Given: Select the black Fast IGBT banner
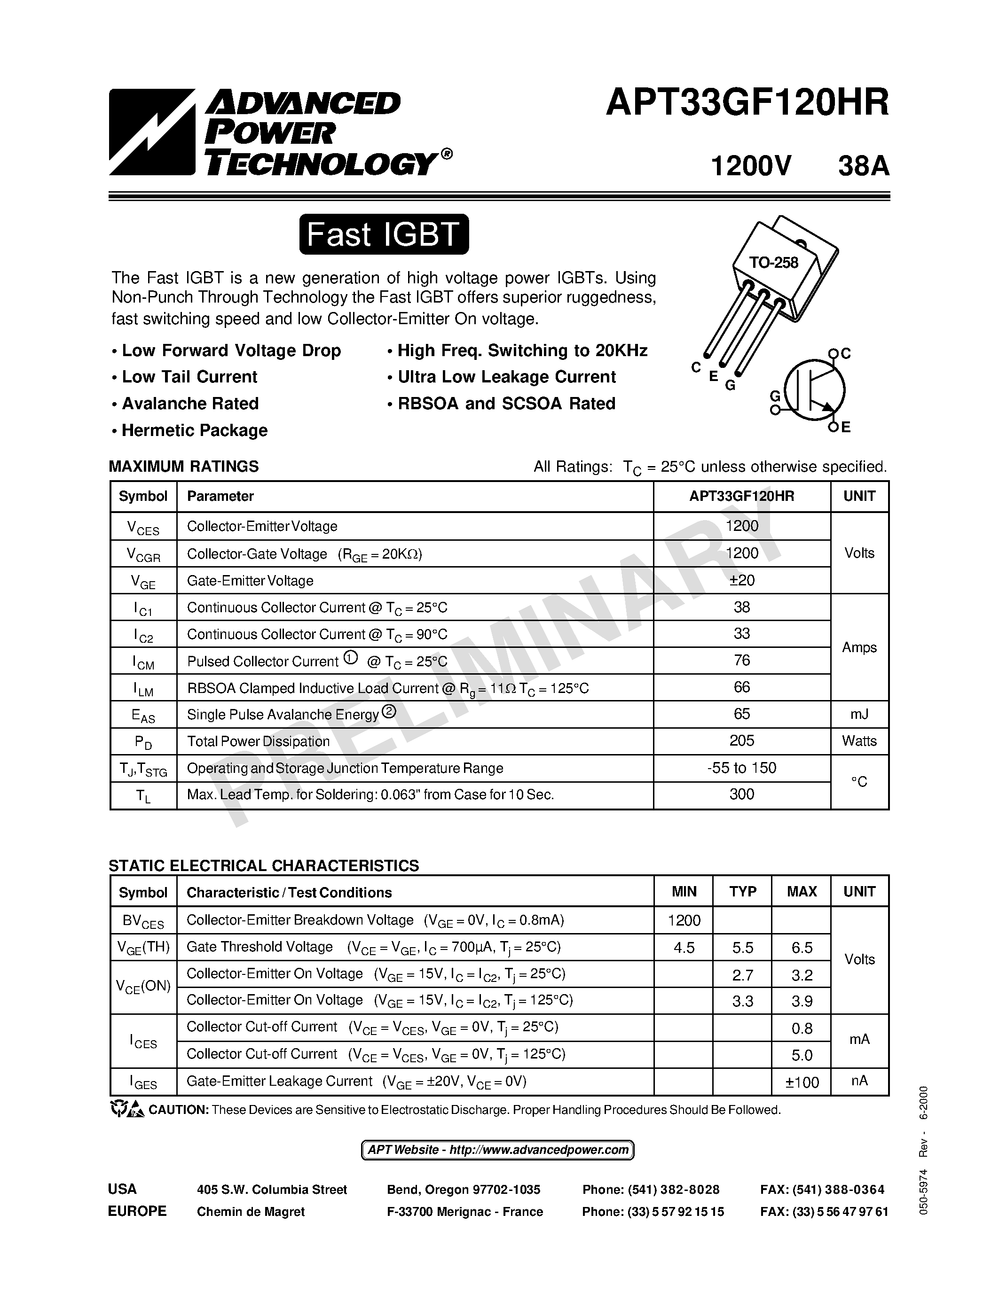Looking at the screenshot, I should tap(384, 234).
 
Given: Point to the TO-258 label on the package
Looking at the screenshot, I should tap(773, 263).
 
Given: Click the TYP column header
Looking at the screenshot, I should tap(742, 892).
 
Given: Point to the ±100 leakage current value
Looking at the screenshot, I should tap(802, 1082).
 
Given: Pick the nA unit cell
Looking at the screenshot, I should tap(859, 1081).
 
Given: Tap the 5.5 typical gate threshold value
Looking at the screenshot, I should tap(742, 948).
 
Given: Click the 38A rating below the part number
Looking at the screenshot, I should tap(864, 166).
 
